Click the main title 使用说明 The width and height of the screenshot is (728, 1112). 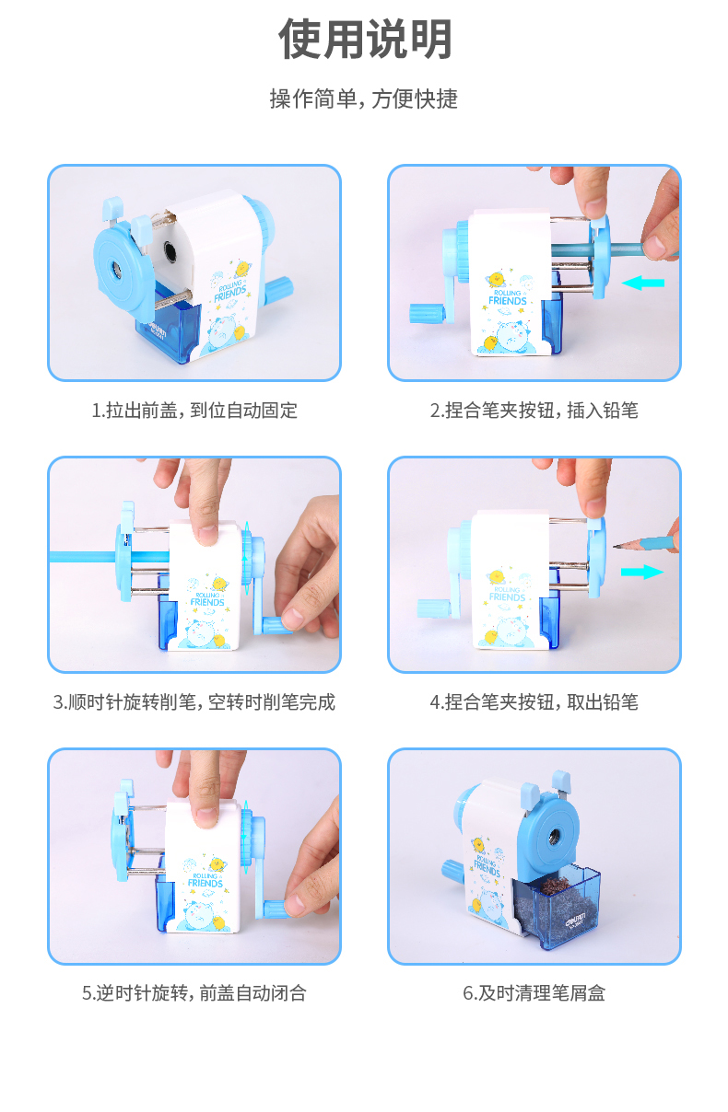tap(365, 39)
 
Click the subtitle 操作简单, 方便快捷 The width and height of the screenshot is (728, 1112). tap(364, 98)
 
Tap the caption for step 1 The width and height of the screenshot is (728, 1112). tap(194, 411)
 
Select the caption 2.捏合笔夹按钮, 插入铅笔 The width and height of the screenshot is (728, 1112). tap(534, 411)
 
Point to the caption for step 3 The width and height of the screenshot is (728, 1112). tap(194, 702)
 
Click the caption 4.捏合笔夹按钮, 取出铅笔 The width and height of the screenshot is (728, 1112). tap(534, 702)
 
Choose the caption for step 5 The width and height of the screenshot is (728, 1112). tap(194, 993)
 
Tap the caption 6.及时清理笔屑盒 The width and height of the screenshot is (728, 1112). tap(534, 993)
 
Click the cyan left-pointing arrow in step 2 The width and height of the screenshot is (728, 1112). tap(643, 283)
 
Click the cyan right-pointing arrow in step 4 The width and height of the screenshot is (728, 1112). tap(642, 572)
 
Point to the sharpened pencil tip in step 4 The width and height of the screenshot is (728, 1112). tap(616, 546)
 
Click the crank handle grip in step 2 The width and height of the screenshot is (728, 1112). tap(427, 313)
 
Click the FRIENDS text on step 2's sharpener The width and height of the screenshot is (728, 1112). tap(508, 301)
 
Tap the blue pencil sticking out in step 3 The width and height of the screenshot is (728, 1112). tap(84, 557)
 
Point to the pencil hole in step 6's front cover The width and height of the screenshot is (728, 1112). tap(553, 837)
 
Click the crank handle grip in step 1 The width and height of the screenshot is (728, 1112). tap(279, 289)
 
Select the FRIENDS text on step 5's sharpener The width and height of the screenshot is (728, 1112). tap(205, 883)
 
